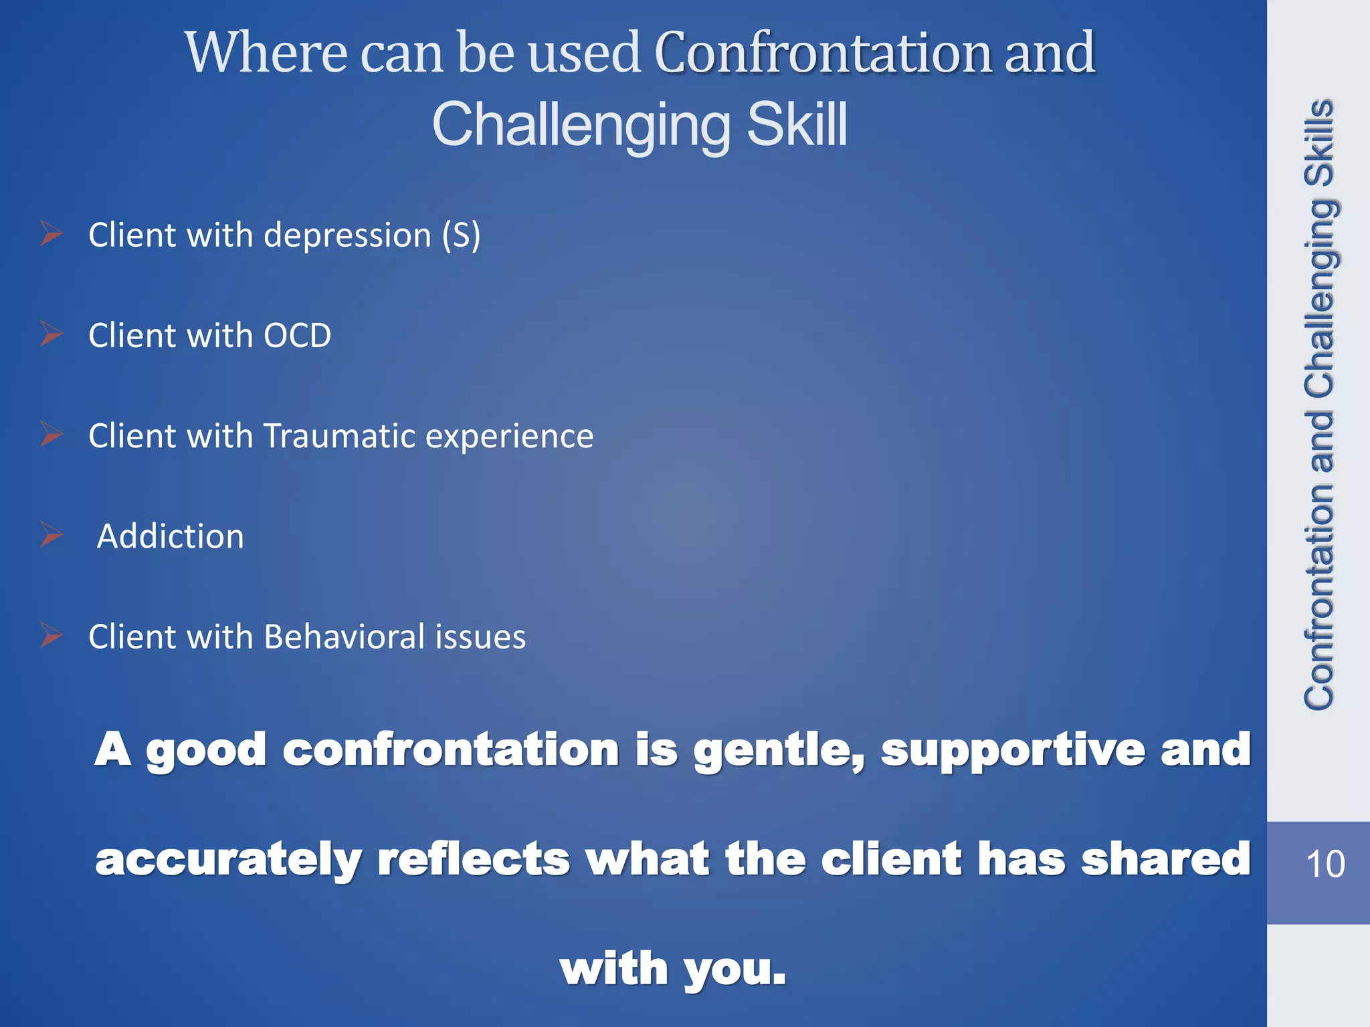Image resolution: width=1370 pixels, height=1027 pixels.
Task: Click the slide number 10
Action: click(x=1325, y=864)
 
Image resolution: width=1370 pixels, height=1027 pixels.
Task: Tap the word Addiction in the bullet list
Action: click(x=171, y=536)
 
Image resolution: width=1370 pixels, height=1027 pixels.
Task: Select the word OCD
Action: click(x=297, y=336)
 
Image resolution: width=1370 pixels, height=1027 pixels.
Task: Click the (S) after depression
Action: click(x=461, y=235)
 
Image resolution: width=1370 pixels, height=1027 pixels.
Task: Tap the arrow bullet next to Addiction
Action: click(x=51, y=535)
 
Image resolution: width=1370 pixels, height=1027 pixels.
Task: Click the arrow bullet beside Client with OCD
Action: click(x=51, y=334)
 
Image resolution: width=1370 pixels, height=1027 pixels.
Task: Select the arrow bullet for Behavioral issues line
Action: click(x=51, y=635)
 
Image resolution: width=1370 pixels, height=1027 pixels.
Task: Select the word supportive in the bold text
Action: click(x=1012, y=750)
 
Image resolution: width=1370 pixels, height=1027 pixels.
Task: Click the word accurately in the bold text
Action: click(x=228, y=861)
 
